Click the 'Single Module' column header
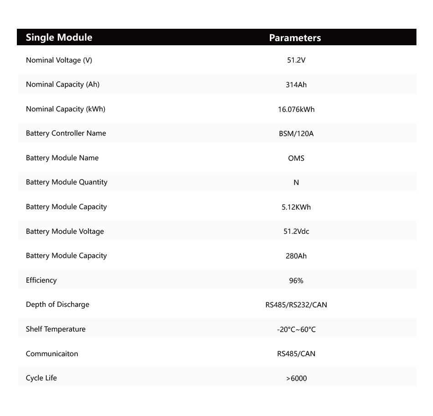(x=59, y=37)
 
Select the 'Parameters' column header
(x=295, y=38)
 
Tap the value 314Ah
(x=296, y=85)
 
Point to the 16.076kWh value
(x=296, y=109)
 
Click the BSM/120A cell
(x=296, y=134)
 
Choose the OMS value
(x=296, y=158)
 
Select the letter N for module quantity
(x=296, y=183)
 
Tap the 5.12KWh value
(x=296, y=207)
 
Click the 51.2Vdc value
(x=296, y=232)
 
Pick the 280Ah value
(x=296, y=256)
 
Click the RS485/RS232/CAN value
(x=296, y=305)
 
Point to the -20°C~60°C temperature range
(x=296, y=330)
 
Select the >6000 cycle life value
(x=296, y=379)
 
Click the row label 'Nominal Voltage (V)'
(x=59, y=60)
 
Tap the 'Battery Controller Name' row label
(x=66, y=133)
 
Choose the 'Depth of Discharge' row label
(x=57, y=305)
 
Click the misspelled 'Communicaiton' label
(x=52, y=354)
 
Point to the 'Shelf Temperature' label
(x=56, y=329)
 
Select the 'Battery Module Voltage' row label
(x=65, y=232)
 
